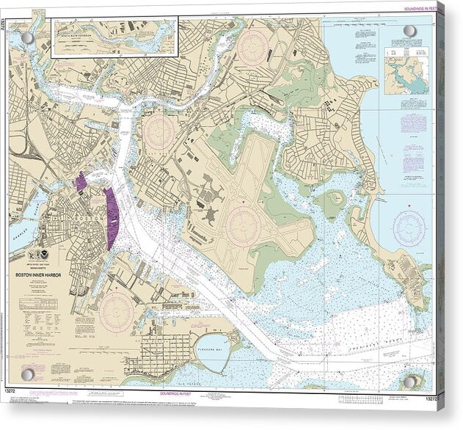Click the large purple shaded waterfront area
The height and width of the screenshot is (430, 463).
click(112, 218)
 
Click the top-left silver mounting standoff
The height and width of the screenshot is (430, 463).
click(27, 38)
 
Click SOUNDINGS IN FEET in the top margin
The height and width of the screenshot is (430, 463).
click(420, 8)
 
